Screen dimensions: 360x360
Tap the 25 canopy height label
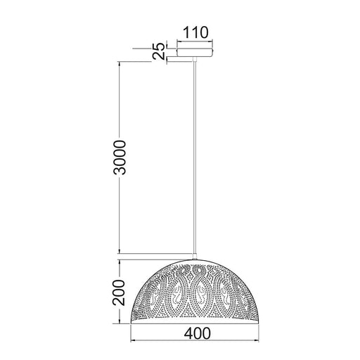[160, 51]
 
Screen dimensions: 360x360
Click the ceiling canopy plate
[195, 51]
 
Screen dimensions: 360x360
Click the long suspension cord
[195, 155]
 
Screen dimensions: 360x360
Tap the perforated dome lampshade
[195, 292]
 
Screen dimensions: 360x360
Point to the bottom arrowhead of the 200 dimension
[121, 323]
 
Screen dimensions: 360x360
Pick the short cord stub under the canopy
[195, 59]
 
